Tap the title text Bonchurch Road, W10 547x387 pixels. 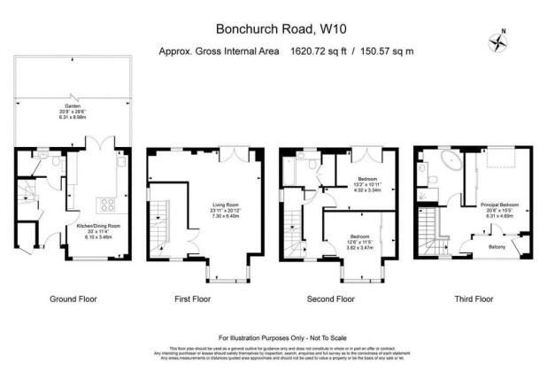click(273, 30)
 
